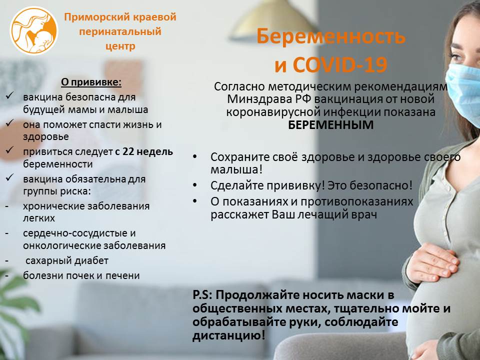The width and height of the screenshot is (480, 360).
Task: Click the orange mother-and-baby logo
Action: point(34,31)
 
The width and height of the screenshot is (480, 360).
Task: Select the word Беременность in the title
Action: point(331,37)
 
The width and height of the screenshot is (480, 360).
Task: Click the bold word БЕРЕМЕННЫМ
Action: point(331,125)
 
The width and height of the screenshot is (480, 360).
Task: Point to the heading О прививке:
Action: point(91,81)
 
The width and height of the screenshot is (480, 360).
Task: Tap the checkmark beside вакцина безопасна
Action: point(9,95)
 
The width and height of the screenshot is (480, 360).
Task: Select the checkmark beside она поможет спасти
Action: point(9,123)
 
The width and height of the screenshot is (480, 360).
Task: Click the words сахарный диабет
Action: point(65,260)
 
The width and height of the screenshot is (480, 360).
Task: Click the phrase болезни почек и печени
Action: point(81,275)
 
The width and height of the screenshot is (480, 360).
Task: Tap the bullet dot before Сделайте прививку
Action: point(196,185)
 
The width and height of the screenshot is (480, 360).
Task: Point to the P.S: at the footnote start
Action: point(203,294)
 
